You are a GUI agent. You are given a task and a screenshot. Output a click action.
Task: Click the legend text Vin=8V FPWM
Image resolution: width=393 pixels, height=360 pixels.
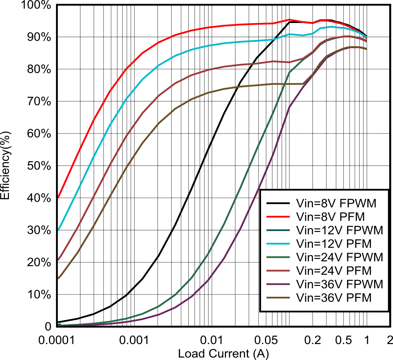[x=336, y=203]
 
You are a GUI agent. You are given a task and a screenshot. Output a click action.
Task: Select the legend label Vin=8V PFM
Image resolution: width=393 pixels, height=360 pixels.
[x=330, y=216]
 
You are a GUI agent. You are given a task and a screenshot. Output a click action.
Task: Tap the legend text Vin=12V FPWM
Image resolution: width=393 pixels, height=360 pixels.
[x=339, y=230]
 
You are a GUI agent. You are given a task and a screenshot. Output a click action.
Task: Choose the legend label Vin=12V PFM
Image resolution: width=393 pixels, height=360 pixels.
[x=333, y=244]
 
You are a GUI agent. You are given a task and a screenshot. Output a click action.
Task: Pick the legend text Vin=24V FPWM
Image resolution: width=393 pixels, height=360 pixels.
[x=339, y=257]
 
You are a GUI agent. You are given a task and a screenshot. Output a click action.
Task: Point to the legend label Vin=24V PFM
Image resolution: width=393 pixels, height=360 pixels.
[x=333, y=271]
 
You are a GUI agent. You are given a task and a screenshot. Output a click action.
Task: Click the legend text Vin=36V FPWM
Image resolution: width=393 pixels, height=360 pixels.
[x=339, y=284]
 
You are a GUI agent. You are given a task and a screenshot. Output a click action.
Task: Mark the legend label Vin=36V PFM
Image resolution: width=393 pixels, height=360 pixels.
[x=333, y=298]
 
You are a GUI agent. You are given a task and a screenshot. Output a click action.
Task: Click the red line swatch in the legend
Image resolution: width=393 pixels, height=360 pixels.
[x=278, y=216]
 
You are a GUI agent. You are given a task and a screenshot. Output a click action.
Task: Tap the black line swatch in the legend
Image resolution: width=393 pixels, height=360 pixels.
[x=278, y=203]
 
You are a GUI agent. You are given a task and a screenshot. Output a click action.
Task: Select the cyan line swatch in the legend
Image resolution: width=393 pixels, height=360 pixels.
[x=278, y=244]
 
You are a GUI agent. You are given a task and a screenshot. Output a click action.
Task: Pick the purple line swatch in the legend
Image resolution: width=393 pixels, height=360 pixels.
[x=278, y=284]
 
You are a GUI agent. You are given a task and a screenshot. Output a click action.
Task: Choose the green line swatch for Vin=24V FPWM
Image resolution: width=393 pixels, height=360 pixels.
[x=278, y=257]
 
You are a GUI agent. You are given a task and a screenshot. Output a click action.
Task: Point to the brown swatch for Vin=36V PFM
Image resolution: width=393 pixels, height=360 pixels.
[x=278, y=298]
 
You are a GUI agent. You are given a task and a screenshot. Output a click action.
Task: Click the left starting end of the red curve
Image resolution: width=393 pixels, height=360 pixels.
[x=58, y=197]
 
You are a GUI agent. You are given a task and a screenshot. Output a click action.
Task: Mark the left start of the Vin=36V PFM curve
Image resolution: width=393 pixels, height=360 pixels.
[x=58, y=278]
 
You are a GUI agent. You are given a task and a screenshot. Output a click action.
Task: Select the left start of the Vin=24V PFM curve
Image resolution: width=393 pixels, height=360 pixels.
[x=58, y=259]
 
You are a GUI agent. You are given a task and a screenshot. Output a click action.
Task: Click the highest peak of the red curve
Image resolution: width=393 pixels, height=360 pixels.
[x=289, y=19]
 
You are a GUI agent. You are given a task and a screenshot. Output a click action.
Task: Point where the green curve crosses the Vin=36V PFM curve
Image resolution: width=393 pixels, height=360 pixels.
[x=284, y=84]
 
